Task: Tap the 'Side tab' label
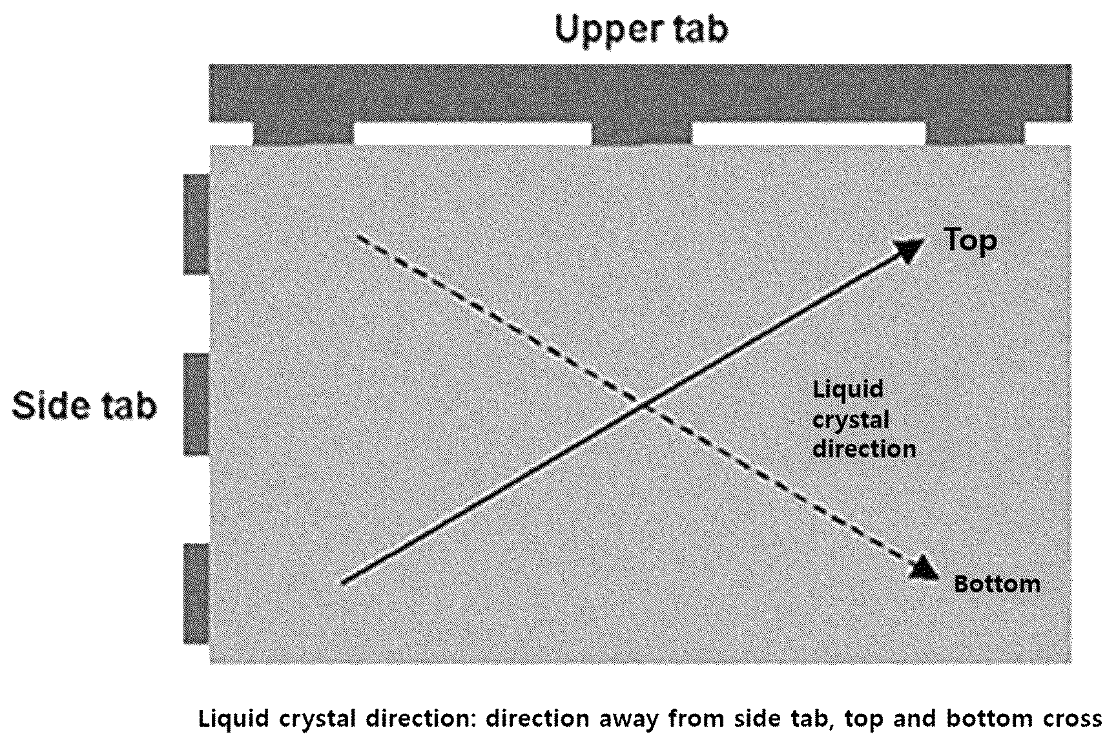[85, 406]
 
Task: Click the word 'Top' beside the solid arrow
[971, 241]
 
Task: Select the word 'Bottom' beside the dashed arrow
[997, 584]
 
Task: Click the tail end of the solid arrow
[342, 583]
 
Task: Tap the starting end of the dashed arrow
[358, 236]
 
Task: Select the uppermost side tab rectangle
[196, 224]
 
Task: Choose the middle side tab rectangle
[196, 404]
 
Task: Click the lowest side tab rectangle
[196, 594]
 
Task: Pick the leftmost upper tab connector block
[304, 134]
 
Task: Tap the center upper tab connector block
[641, 134]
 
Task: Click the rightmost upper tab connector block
[975, 134]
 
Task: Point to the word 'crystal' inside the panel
[851, 420]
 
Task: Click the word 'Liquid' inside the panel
[848, 390]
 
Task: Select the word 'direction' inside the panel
[864, 448]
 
